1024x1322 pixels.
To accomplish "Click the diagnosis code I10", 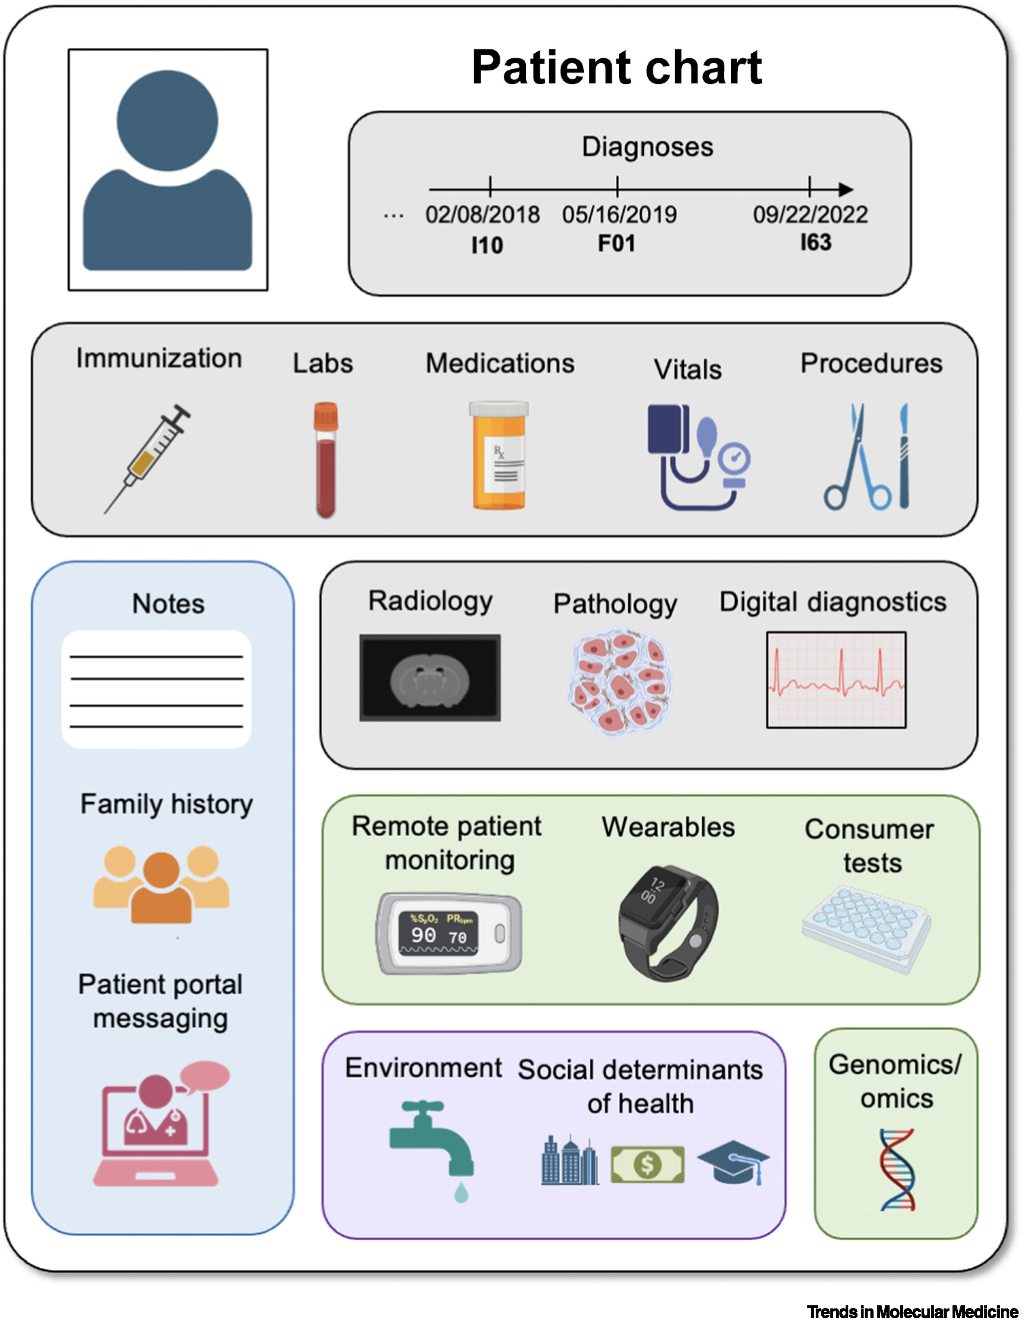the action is (487, 245).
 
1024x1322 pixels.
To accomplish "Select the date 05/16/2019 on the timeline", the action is (619, 214).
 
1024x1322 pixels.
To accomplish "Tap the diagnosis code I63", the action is (816, 242).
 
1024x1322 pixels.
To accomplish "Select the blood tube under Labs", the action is (326, 460).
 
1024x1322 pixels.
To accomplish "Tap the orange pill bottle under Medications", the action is (499, 455).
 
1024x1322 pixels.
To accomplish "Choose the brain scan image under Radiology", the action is (430, 677).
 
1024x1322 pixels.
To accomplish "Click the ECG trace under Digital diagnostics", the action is (837, 680).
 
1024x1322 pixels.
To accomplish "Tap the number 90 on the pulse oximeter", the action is (423, 935).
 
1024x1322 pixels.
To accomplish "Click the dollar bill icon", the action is (647, 1164).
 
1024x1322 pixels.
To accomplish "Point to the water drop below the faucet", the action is (461, 1192).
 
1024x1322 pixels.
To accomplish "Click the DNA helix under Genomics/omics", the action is (897, 1170).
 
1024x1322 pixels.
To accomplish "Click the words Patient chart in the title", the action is (617, 67).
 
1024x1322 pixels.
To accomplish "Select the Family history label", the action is (166, 804).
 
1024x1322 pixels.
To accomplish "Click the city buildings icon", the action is (569, 1160).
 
